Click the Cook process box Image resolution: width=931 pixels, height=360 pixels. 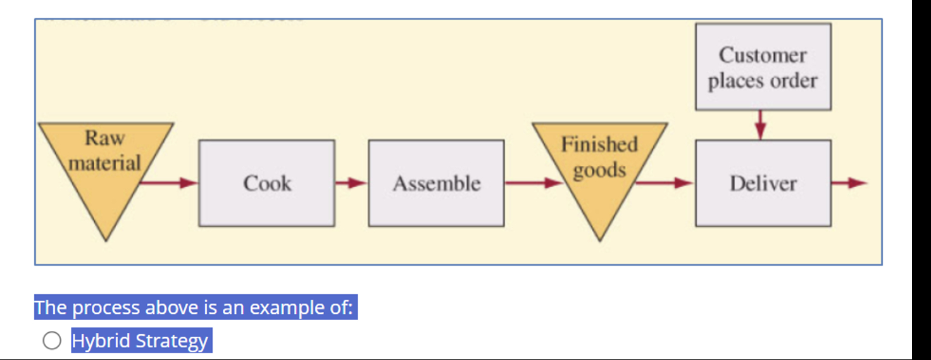click(x=266, y=183)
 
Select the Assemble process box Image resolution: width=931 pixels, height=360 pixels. click(x=436, y=183)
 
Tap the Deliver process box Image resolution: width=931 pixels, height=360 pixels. click(x=763, y=183)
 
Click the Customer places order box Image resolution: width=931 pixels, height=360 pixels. click(x=763, y=67)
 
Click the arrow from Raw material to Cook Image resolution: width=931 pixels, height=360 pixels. click(x=168, y=183)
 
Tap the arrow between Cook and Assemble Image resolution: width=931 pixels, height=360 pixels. click(x=351, y=183)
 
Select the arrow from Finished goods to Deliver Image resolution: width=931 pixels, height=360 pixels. click(x=665, y=183)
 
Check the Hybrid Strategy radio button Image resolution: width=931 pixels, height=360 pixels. click(x=52, y=341)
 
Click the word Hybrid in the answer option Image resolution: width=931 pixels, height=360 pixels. click(x=102, y=341)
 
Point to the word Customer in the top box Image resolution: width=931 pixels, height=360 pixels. click(x=763, y=55)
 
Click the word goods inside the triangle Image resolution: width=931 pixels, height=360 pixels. click(x=599, y=170)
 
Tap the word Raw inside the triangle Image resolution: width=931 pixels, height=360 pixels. click(x=105, y=137)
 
